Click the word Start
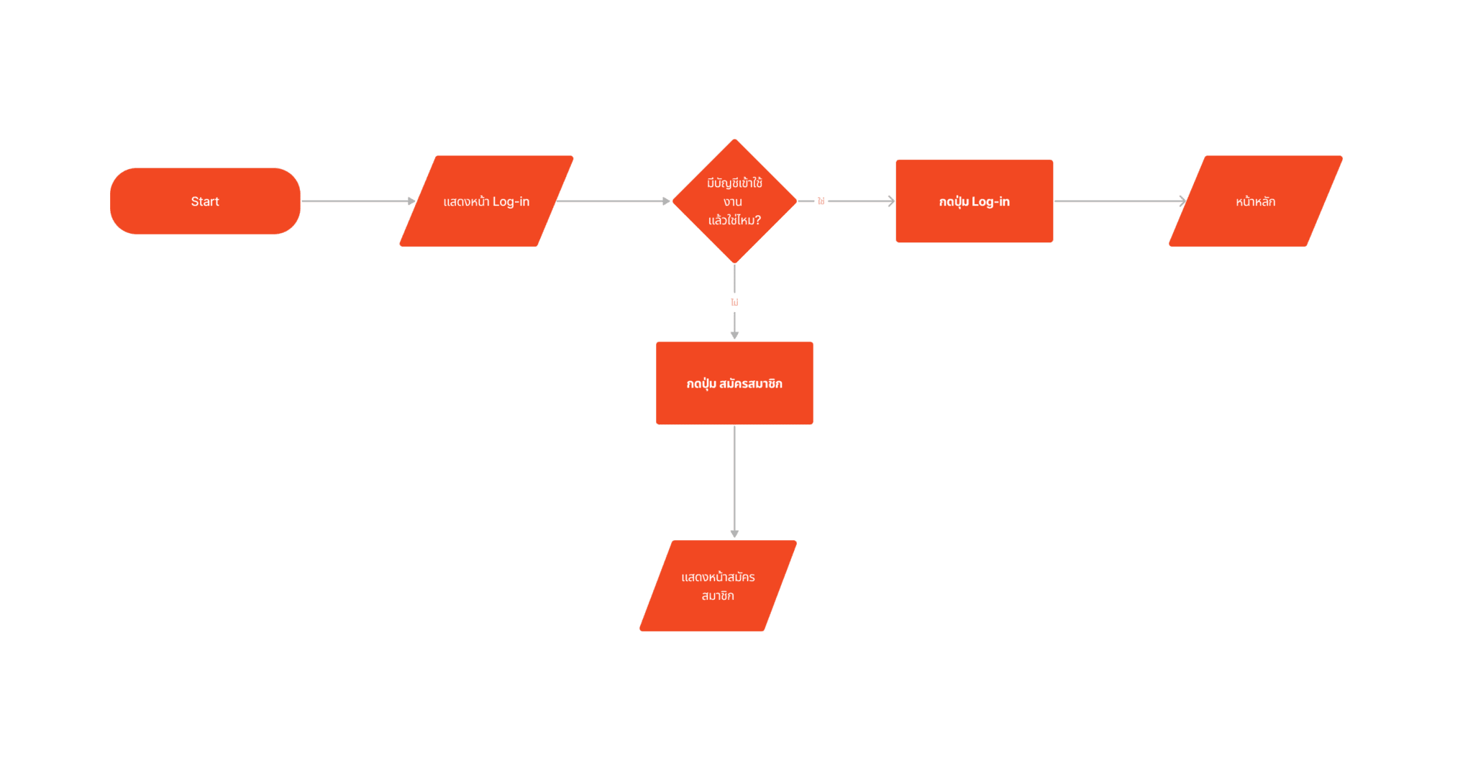[205, 201]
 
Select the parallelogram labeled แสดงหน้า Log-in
[486, 201]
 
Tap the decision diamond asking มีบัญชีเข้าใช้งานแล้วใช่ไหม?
[734, 201]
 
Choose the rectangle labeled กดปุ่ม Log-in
[975, 201]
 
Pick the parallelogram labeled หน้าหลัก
[1256, 201]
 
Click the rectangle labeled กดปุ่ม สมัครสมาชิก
[734, 383]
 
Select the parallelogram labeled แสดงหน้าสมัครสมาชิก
[718, 585]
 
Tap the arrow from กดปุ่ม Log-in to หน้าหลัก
[1118, 201]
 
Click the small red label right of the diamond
[821, 201]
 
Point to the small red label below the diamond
[734, 303]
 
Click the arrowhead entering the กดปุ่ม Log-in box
[891, 201]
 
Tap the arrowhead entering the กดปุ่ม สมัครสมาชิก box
[734, 334]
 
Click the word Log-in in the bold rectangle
[991, 202]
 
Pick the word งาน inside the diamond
[733, 202]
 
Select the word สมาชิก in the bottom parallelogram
[718, 595]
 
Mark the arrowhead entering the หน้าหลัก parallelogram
[1182, 201]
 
